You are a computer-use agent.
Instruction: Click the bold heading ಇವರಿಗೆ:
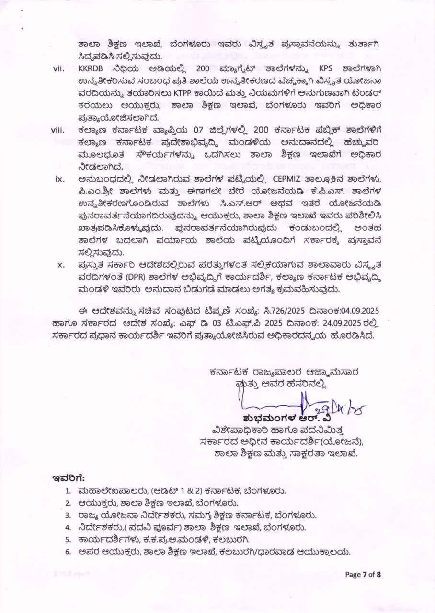[x=69, y=477]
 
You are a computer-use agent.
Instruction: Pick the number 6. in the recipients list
[x=69, y=552]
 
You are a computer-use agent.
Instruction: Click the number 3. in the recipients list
[x=69, y=515]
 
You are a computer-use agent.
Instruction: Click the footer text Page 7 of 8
[x=363, y=575]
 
